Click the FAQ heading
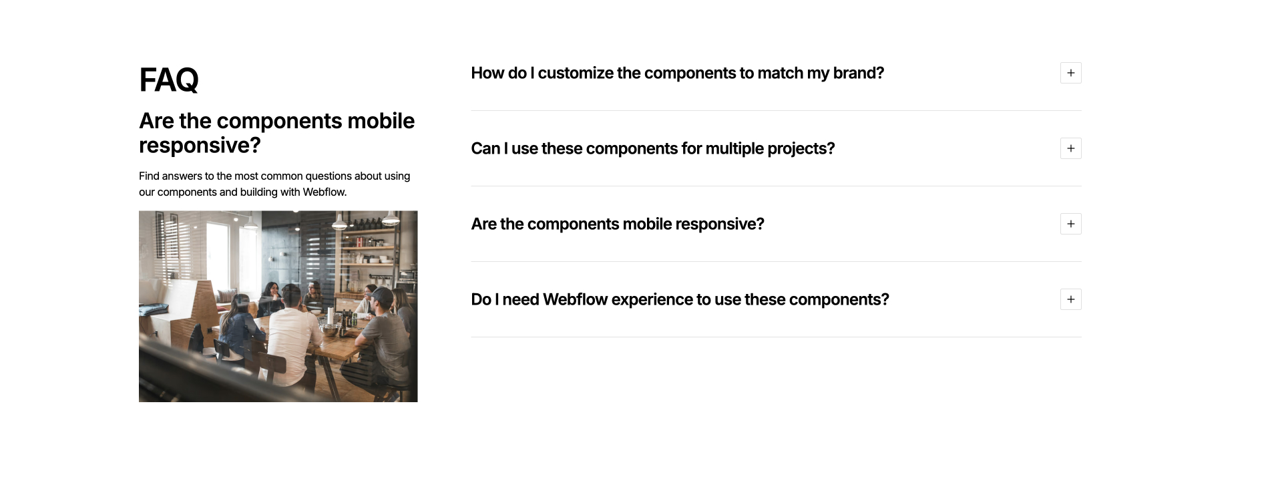click(169, 80)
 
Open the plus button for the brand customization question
click(1070, 73)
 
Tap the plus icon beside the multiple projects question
click(1070, 148)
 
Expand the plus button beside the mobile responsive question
click(1070, 224)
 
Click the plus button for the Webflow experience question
click(1070, 299)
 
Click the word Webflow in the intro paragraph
click(324, 192)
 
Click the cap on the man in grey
click(383, 295)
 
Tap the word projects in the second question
click(801, 148)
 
